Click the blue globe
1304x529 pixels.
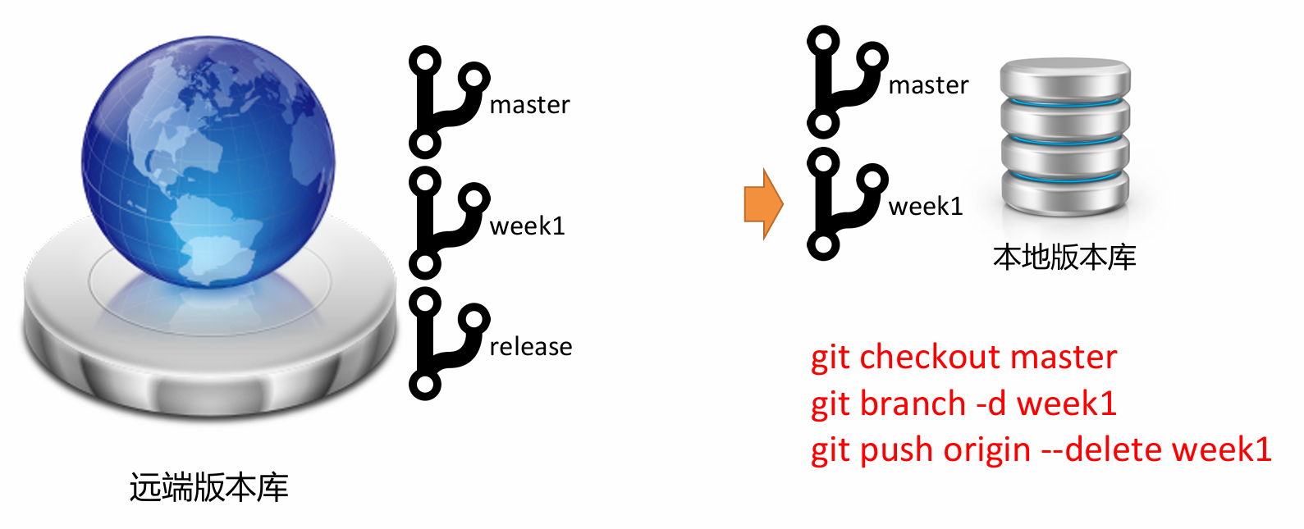click(208, 160)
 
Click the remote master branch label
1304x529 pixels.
click(529, 105)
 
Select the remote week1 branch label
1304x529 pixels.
click(527, 226)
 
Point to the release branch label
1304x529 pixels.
click(530, 347)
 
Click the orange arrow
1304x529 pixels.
click(763, 204)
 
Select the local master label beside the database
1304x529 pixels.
click(928, 85)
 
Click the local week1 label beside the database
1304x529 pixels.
click(925, 206)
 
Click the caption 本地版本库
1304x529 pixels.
click(1064, 258)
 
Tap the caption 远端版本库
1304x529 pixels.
click(208, 488)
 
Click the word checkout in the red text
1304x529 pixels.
click(931, 358)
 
